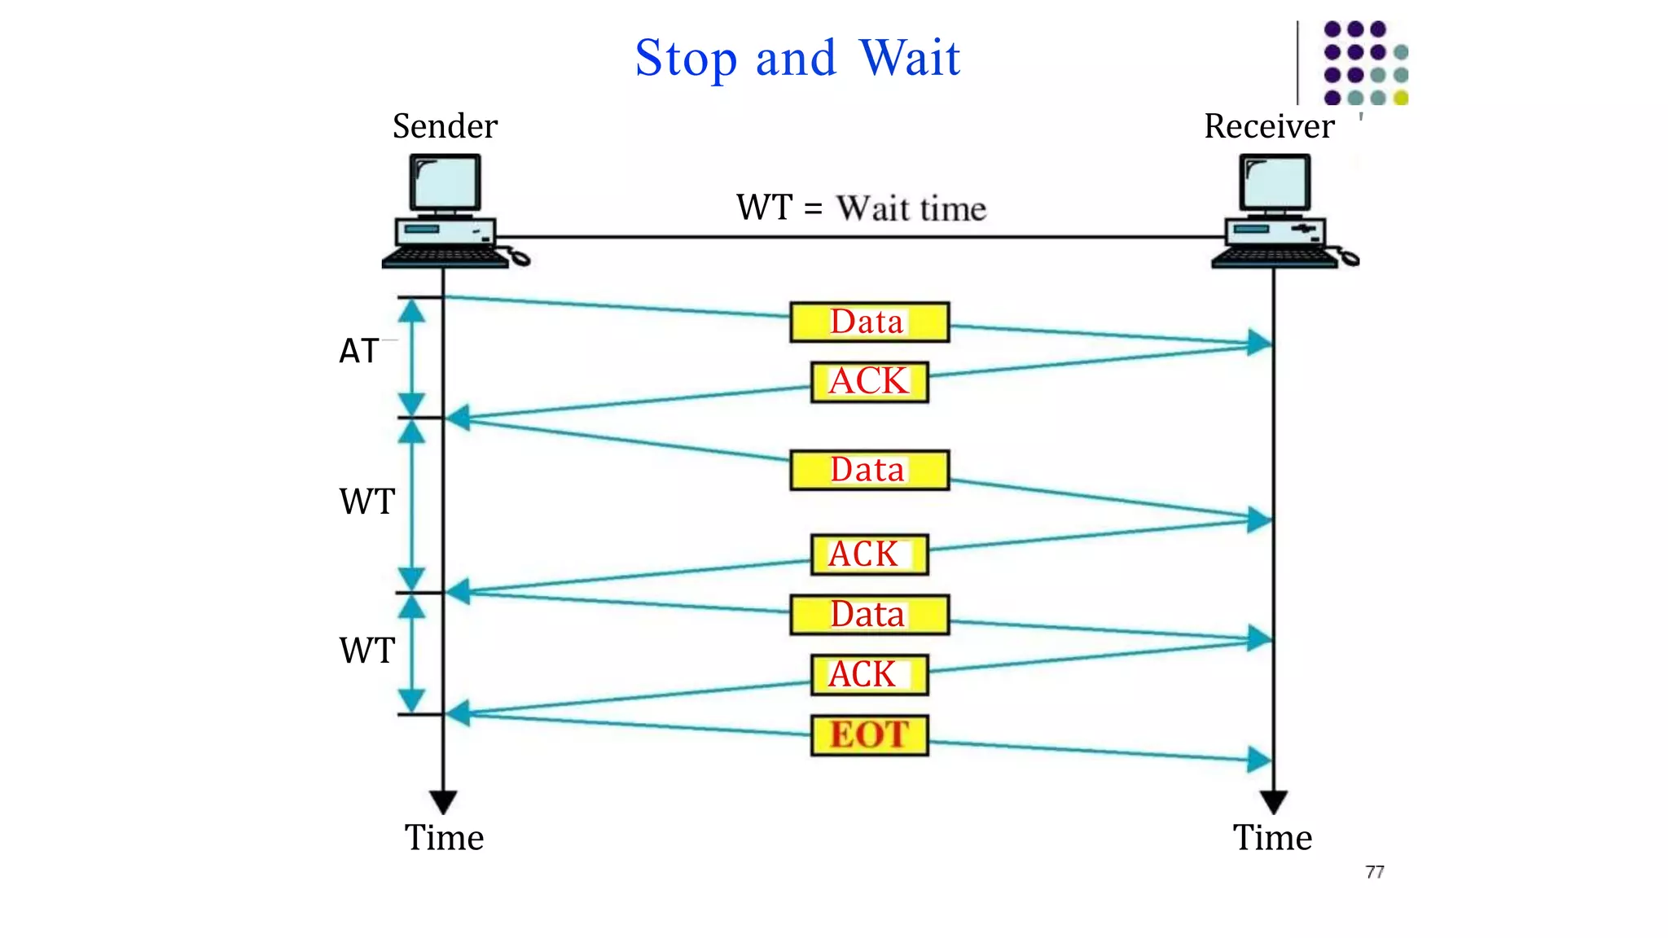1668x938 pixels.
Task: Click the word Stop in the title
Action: (x=686, y=59)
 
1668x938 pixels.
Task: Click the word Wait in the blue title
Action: (x=910, y=59)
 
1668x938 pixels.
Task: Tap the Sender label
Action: (x=445, y=126)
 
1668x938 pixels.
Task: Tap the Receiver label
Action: (x=1269, y=126)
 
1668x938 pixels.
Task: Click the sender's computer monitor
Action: (x=445, y=183)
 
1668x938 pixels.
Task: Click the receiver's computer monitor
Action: (x=1275, y=183)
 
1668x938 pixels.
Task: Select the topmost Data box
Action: (x=869, y=322)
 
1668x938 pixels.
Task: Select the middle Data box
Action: (x=869, y=470)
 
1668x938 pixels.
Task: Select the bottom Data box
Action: (x=869, y=615)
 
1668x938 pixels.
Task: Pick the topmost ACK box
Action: (x=869, y=382)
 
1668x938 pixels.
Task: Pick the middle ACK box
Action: (x=869, y=554)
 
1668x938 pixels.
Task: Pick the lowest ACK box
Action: (x=869, y=675)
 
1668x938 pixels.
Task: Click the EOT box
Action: (x=869, y=735)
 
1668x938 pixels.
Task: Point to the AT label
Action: (x=358, y=352)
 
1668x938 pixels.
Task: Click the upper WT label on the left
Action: (x=367, y=502)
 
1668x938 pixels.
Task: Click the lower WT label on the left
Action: (x=367, y=651)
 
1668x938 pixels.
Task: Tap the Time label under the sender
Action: (x=444, y=838)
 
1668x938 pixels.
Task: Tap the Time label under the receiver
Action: (x=1272, y=838)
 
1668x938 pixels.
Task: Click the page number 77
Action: (x=1375, y=872)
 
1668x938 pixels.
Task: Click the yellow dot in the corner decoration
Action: (x=1401, y=99)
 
